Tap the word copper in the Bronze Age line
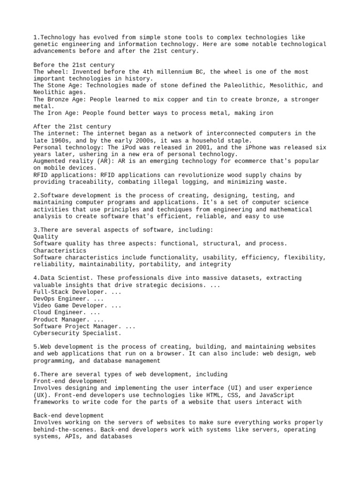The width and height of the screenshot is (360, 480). pos(174,99)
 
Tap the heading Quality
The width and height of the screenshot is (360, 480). pos(45,237)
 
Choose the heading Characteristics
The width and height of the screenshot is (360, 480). pos(60,250)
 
